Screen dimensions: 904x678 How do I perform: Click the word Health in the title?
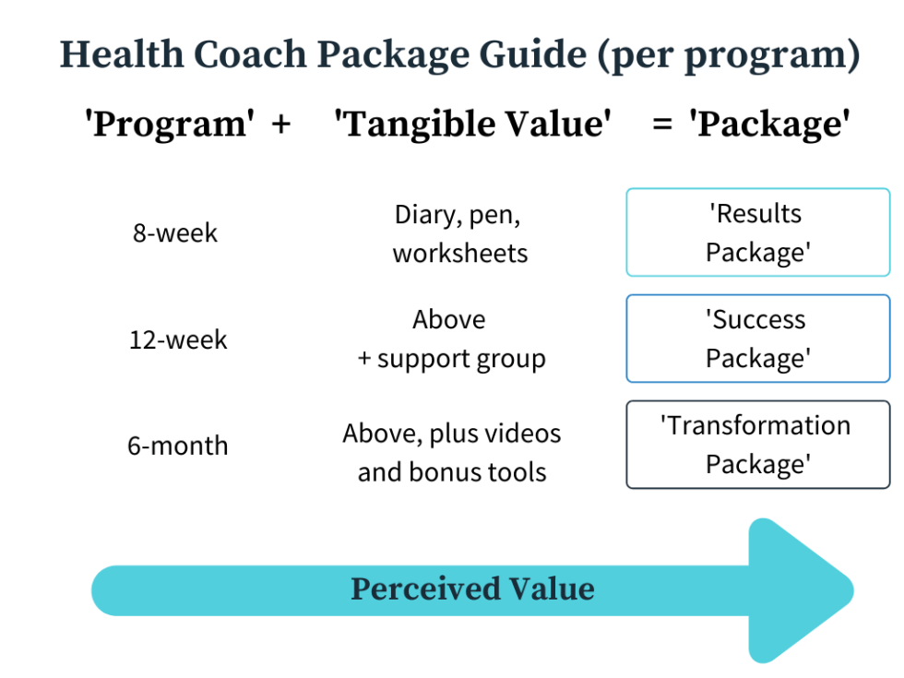click(x=122, y=54)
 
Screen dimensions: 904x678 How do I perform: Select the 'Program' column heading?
click(x=170, y=124)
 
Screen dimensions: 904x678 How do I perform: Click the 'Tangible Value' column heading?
click(x=472, y=124)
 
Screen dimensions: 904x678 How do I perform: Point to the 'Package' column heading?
click(x=769, y=124)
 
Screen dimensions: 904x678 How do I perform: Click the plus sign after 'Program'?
click(x=281, y=124)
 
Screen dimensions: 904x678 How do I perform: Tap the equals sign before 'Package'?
click(x=662, y=124)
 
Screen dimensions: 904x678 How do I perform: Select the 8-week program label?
click(x=175, y=232)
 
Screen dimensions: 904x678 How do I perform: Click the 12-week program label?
click(x=178, y=339)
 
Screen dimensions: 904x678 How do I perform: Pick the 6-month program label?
click(x=178, y=446)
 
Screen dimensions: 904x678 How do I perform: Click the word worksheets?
click(x=460, y=253)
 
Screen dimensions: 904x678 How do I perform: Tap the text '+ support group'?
click(x=451, y=359)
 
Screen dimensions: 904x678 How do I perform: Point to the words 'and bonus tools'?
click(x=452, y=471)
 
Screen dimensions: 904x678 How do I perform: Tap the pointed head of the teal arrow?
click(x=852, y=591)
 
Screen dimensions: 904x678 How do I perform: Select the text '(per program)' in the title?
click(x=729, y=55)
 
